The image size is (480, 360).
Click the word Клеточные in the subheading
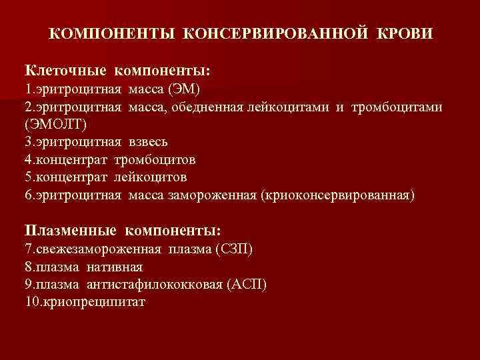pyautogui.click(x=64, y=70)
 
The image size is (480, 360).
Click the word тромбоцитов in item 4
pyautogui.click(x=155, y=160)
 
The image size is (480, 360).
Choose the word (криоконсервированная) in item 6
pyautogui.click(x=339, y=195)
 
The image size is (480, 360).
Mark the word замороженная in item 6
pyautogui.click(x=219, y=195)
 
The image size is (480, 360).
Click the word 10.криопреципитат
pyautogui.click(x=85, y=302)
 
